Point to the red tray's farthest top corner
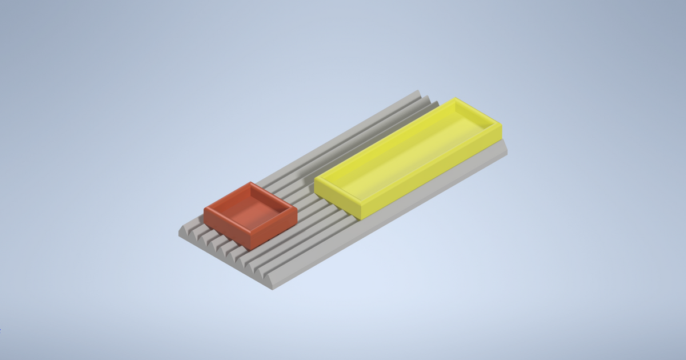coord(250,182)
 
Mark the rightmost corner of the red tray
coord(297,210)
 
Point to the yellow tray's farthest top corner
coord(456,98)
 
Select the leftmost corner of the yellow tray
coord(314,180)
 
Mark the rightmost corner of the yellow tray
coord(502,123)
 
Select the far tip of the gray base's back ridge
coord(419,90)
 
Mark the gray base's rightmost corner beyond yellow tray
coord(507,150)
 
